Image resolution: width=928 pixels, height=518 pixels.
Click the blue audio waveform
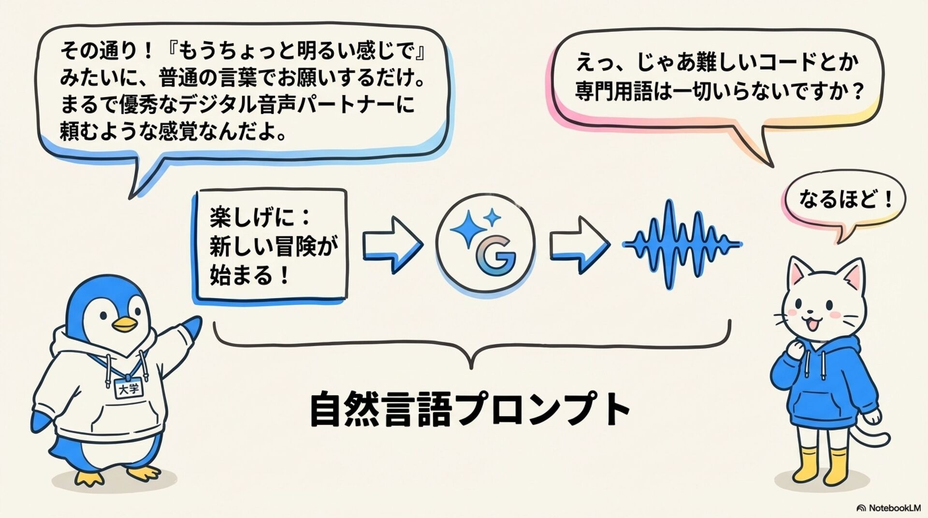681,245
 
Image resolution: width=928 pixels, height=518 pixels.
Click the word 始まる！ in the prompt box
249,276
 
